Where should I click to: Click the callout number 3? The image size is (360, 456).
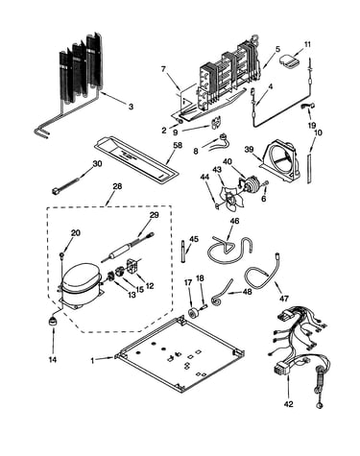131,107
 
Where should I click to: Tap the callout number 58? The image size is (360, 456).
178,145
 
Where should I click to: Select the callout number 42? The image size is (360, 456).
288,404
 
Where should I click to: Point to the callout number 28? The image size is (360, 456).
117,186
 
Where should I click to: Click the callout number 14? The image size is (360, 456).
53,360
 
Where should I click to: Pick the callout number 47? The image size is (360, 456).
283,299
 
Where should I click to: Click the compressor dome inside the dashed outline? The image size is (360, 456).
81,277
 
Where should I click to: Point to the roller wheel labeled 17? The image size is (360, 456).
194,313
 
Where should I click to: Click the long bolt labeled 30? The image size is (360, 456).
69,184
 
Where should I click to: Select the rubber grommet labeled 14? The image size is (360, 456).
53,321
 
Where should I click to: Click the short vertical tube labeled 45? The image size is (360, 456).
182,252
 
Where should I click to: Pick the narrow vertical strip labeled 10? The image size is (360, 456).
309,168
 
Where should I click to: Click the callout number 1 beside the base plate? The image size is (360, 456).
92,361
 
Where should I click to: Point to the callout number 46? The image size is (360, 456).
234,221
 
